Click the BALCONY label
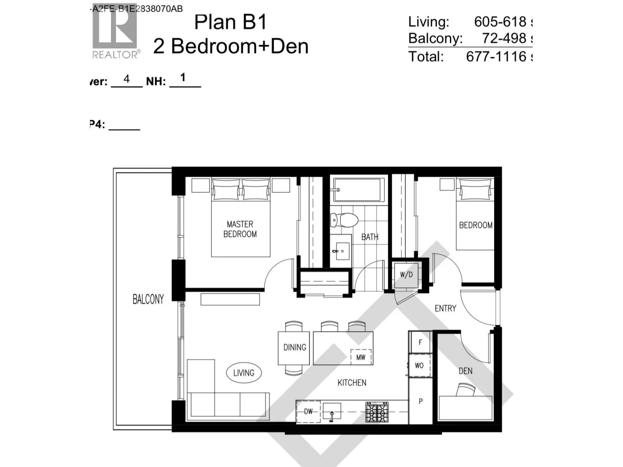point(148,299)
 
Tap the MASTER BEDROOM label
point(240,229)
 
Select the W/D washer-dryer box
point(406,275)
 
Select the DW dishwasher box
point(308,411)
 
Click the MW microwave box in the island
point(361,357)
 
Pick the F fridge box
point(420,342)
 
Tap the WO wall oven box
point(419,365)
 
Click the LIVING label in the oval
point(244,373)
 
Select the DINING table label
point(294,347)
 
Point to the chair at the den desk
point(466,390)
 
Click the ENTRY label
point(445,308)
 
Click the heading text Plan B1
point(231,22)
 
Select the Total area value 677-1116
point(496,57)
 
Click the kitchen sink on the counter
point(332,412)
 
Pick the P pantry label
point(421,401)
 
